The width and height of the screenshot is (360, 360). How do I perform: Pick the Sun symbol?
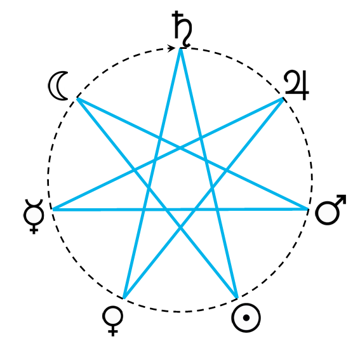(246, 317)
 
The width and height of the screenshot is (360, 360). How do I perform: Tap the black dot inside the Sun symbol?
(246, 317)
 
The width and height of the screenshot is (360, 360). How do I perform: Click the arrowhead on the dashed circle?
(171, 48)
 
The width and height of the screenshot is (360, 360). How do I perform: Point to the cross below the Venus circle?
(112, 331)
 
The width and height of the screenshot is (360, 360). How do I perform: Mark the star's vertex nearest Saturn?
(180, 49)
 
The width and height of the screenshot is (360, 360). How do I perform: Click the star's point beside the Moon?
(77, 98)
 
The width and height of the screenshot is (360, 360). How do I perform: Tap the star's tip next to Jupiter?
(283, 98)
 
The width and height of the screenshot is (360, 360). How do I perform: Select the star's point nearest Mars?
(308, 209)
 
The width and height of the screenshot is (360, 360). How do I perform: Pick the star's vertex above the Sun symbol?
(237, 298)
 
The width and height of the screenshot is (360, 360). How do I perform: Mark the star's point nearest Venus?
(124, 298)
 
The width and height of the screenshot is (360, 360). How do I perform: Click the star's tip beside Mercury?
(53, 210)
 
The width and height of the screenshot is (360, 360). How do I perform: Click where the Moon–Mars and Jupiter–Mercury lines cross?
(180, 148)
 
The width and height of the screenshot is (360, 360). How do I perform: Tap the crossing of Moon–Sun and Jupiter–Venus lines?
(180, 228)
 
